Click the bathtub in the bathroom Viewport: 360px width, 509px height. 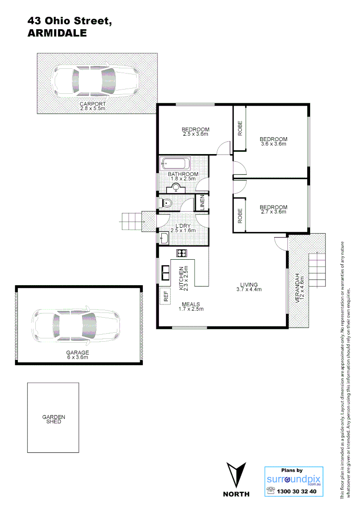176,164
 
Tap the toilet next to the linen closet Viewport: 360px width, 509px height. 167,203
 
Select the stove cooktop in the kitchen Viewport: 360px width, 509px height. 182,253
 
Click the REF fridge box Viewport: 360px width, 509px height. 166,296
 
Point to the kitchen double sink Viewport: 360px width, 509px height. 166,272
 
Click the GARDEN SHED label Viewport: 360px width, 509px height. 54,419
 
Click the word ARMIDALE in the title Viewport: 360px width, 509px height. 57,33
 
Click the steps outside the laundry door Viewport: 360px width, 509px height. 132,220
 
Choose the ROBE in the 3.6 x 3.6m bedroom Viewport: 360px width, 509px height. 240,128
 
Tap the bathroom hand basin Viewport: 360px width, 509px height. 176,188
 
